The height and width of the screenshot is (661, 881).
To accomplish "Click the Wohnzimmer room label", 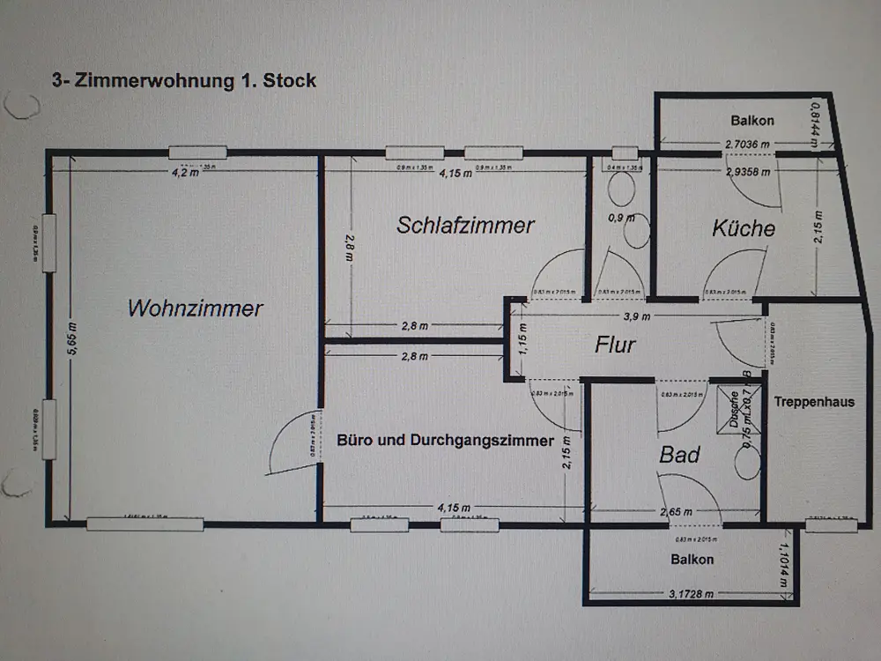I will coord(196,308).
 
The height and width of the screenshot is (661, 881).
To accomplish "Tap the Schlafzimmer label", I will coord(465,225).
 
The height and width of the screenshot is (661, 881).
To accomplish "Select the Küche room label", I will coord(744,228).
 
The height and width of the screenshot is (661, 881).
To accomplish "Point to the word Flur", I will coord(615,344).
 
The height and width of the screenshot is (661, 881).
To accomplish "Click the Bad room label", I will coord(680,455).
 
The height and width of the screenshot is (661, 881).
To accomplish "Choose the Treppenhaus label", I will coord(814,402).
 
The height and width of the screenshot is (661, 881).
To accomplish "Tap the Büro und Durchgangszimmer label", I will coord(446,440).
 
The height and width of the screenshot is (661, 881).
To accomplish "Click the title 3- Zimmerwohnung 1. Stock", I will coord(185,80).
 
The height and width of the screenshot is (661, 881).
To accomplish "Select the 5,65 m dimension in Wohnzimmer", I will coord(72,338).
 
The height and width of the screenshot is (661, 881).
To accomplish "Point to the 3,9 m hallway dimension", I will coord(636,316).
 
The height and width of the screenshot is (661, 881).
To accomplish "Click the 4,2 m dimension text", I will coord(184,173).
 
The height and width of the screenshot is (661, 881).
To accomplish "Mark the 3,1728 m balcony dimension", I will coord(692,593).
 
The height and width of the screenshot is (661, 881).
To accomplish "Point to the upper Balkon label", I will coord(752,121).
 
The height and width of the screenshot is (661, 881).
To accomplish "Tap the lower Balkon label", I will coord(692,559).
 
